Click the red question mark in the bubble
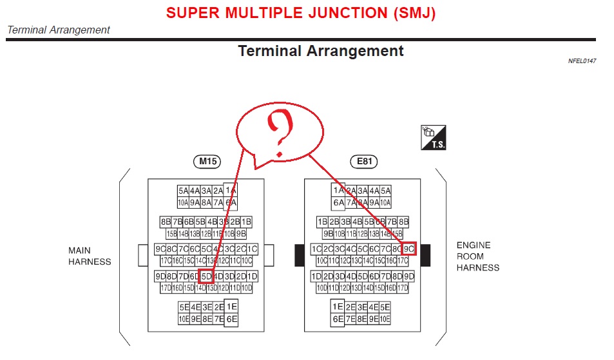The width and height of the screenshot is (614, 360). coord(280,135)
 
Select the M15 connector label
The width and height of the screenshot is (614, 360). coord(207,162)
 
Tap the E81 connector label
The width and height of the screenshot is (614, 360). coord(363,162)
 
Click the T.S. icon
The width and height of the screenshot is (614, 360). coord(433,137)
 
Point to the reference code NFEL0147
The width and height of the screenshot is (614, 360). coord(582,61)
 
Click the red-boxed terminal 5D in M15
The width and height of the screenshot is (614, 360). coord(206,277)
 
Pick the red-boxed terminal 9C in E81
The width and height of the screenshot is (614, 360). coord(408,249)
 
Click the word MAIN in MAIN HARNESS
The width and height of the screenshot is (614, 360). coord(80,250)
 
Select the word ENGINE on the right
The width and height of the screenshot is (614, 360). coord(474,245)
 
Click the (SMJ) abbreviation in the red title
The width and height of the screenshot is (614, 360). coord(412,13)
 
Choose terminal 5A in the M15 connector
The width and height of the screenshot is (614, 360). coord(184,191)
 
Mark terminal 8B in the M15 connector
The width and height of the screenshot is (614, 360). coord(166,222)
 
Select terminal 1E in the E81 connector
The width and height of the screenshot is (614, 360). coord(338,307)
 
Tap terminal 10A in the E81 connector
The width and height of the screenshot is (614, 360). coord(385,202)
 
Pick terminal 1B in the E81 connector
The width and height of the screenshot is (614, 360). coord(323,222)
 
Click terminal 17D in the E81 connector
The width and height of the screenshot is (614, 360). coord(403,288)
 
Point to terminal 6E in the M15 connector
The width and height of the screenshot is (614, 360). coord(232,319)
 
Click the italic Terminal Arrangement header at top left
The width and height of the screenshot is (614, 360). coord(59,30)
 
